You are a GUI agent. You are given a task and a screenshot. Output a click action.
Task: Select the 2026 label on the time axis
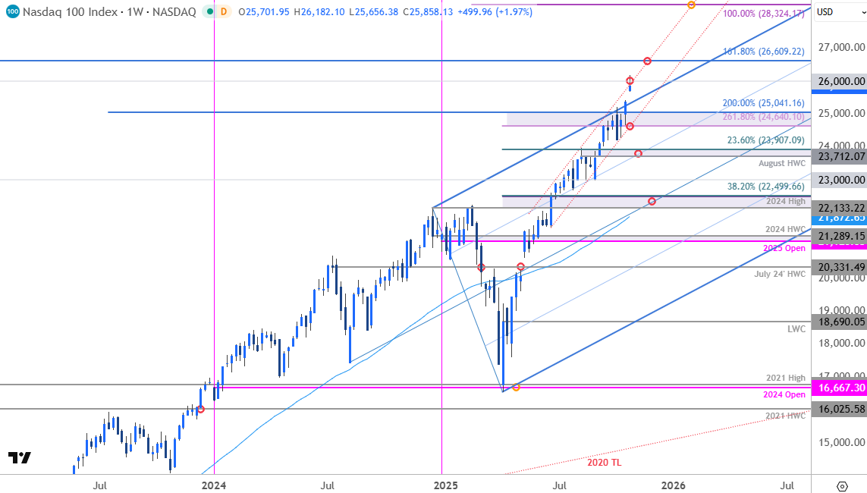[x=673, y=485]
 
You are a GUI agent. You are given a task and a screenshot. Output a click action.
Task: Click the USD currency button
[x=825, y=11]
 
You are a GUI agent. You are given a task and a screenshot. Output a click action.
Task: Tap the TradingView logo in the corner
[x=19, y=457]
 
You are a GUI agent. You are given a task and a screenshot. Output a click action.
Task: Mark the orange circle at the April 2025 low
[x=516, y=388]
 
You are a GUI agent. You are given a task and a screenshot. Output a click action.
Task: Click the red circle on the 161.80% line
[x=647, y=61]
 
